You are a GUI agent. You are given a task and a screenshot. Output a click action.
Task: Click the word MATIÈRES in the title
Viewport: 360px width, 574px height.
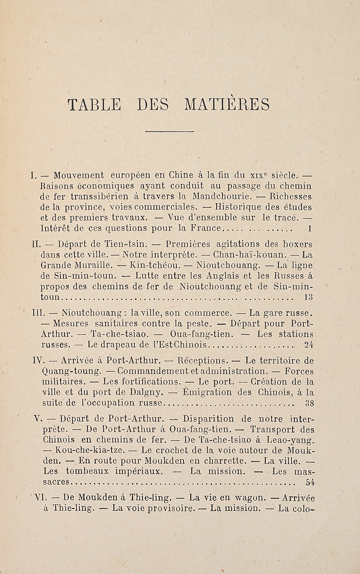(x=227, y=104)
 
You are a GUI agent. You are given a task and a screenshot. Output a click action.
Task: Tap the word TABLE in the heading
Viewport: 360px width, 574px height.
(x=94, y=104)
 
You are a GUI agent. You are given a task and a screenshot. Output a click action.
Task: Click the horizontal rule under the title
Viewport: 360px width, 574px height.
(x=169, y=131)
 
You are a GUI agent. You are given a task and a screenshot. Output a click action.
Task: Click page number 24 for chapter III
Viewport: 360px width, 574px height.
(x=308, y=344)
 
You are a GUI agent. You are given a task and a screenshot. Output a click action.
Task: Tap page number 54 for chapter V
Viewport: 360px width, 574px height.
(x=309, y=482)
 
